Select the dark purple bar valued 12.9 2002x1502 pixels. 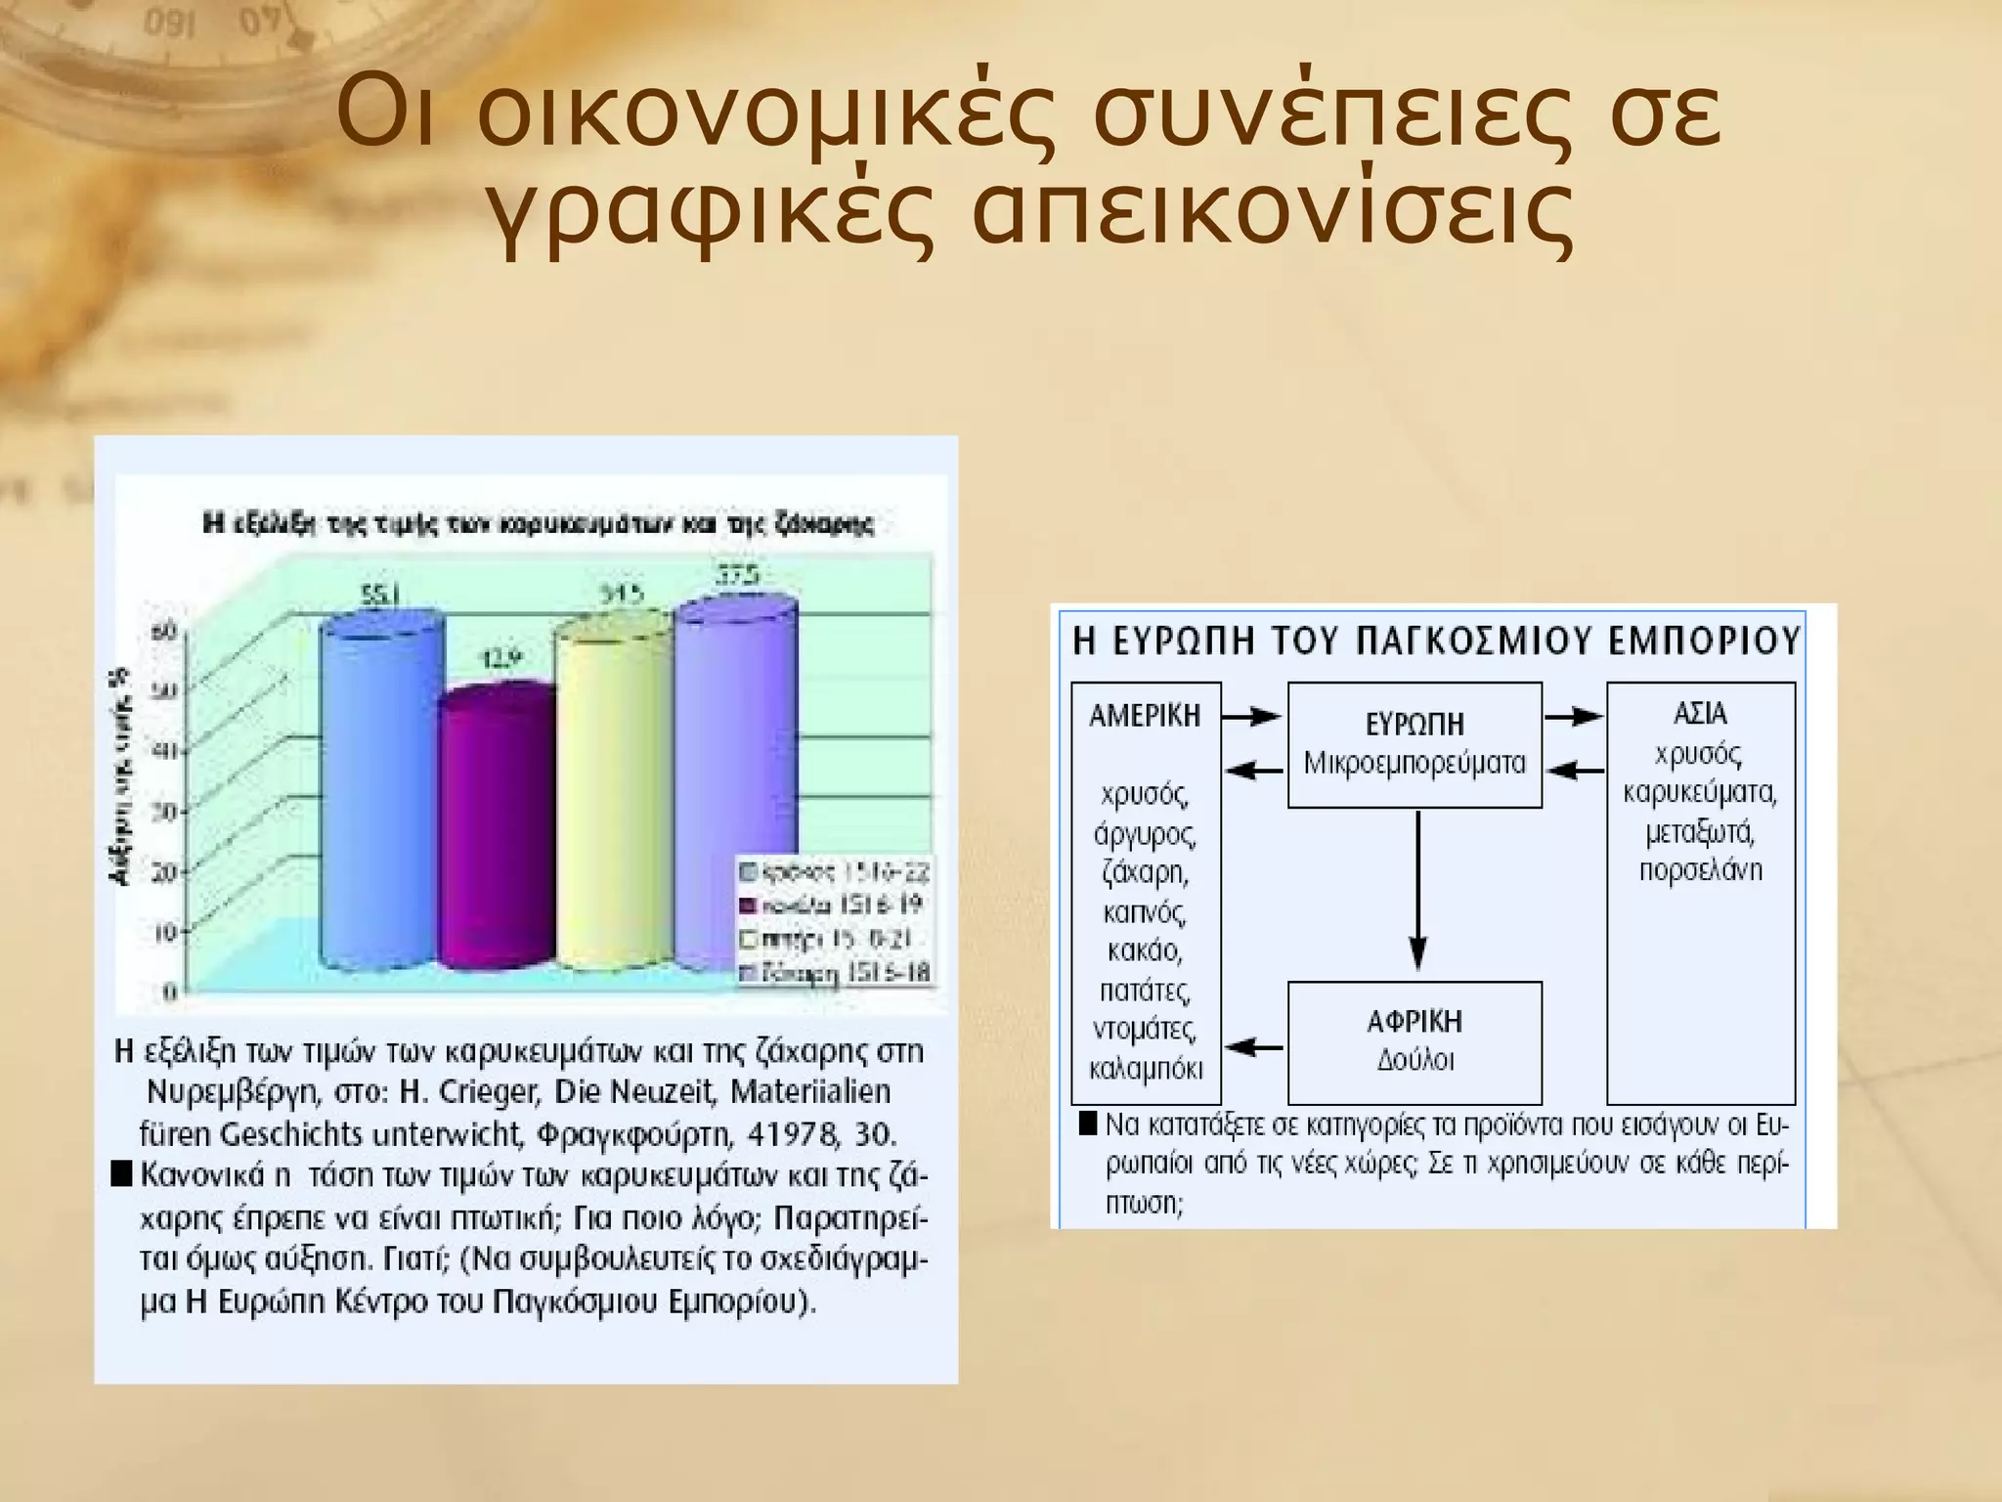click(497, 831)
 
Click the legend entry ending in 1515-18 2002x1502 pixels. click(837, 974)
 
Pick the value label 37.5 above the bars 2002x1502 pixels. click(738, 576)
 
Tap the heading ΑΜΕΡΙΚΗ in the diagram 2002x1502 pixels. click(1145, 716)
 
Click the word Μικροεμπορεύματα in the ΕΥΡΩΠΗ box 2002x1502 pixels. click(1414, 764)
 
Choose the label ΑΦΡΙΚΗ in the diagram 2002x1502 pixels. click(1414, 1022)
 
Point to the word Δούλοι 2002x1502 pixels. click(1414, 1061)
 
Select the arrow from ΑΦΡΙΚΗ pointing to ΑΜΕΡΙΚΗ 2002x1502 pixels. click(1255, 1048)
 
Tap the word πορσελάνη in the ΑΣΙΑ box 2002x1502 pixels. click(1701, 870)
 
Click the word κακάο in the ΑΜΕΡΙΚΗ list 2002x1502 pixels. click(1145, 950)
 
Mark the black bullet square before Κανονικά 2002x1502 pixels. click(121, 1173)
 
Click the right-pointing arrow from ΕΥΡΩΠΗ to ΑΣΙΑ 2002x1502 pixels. click(1574, 717)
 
